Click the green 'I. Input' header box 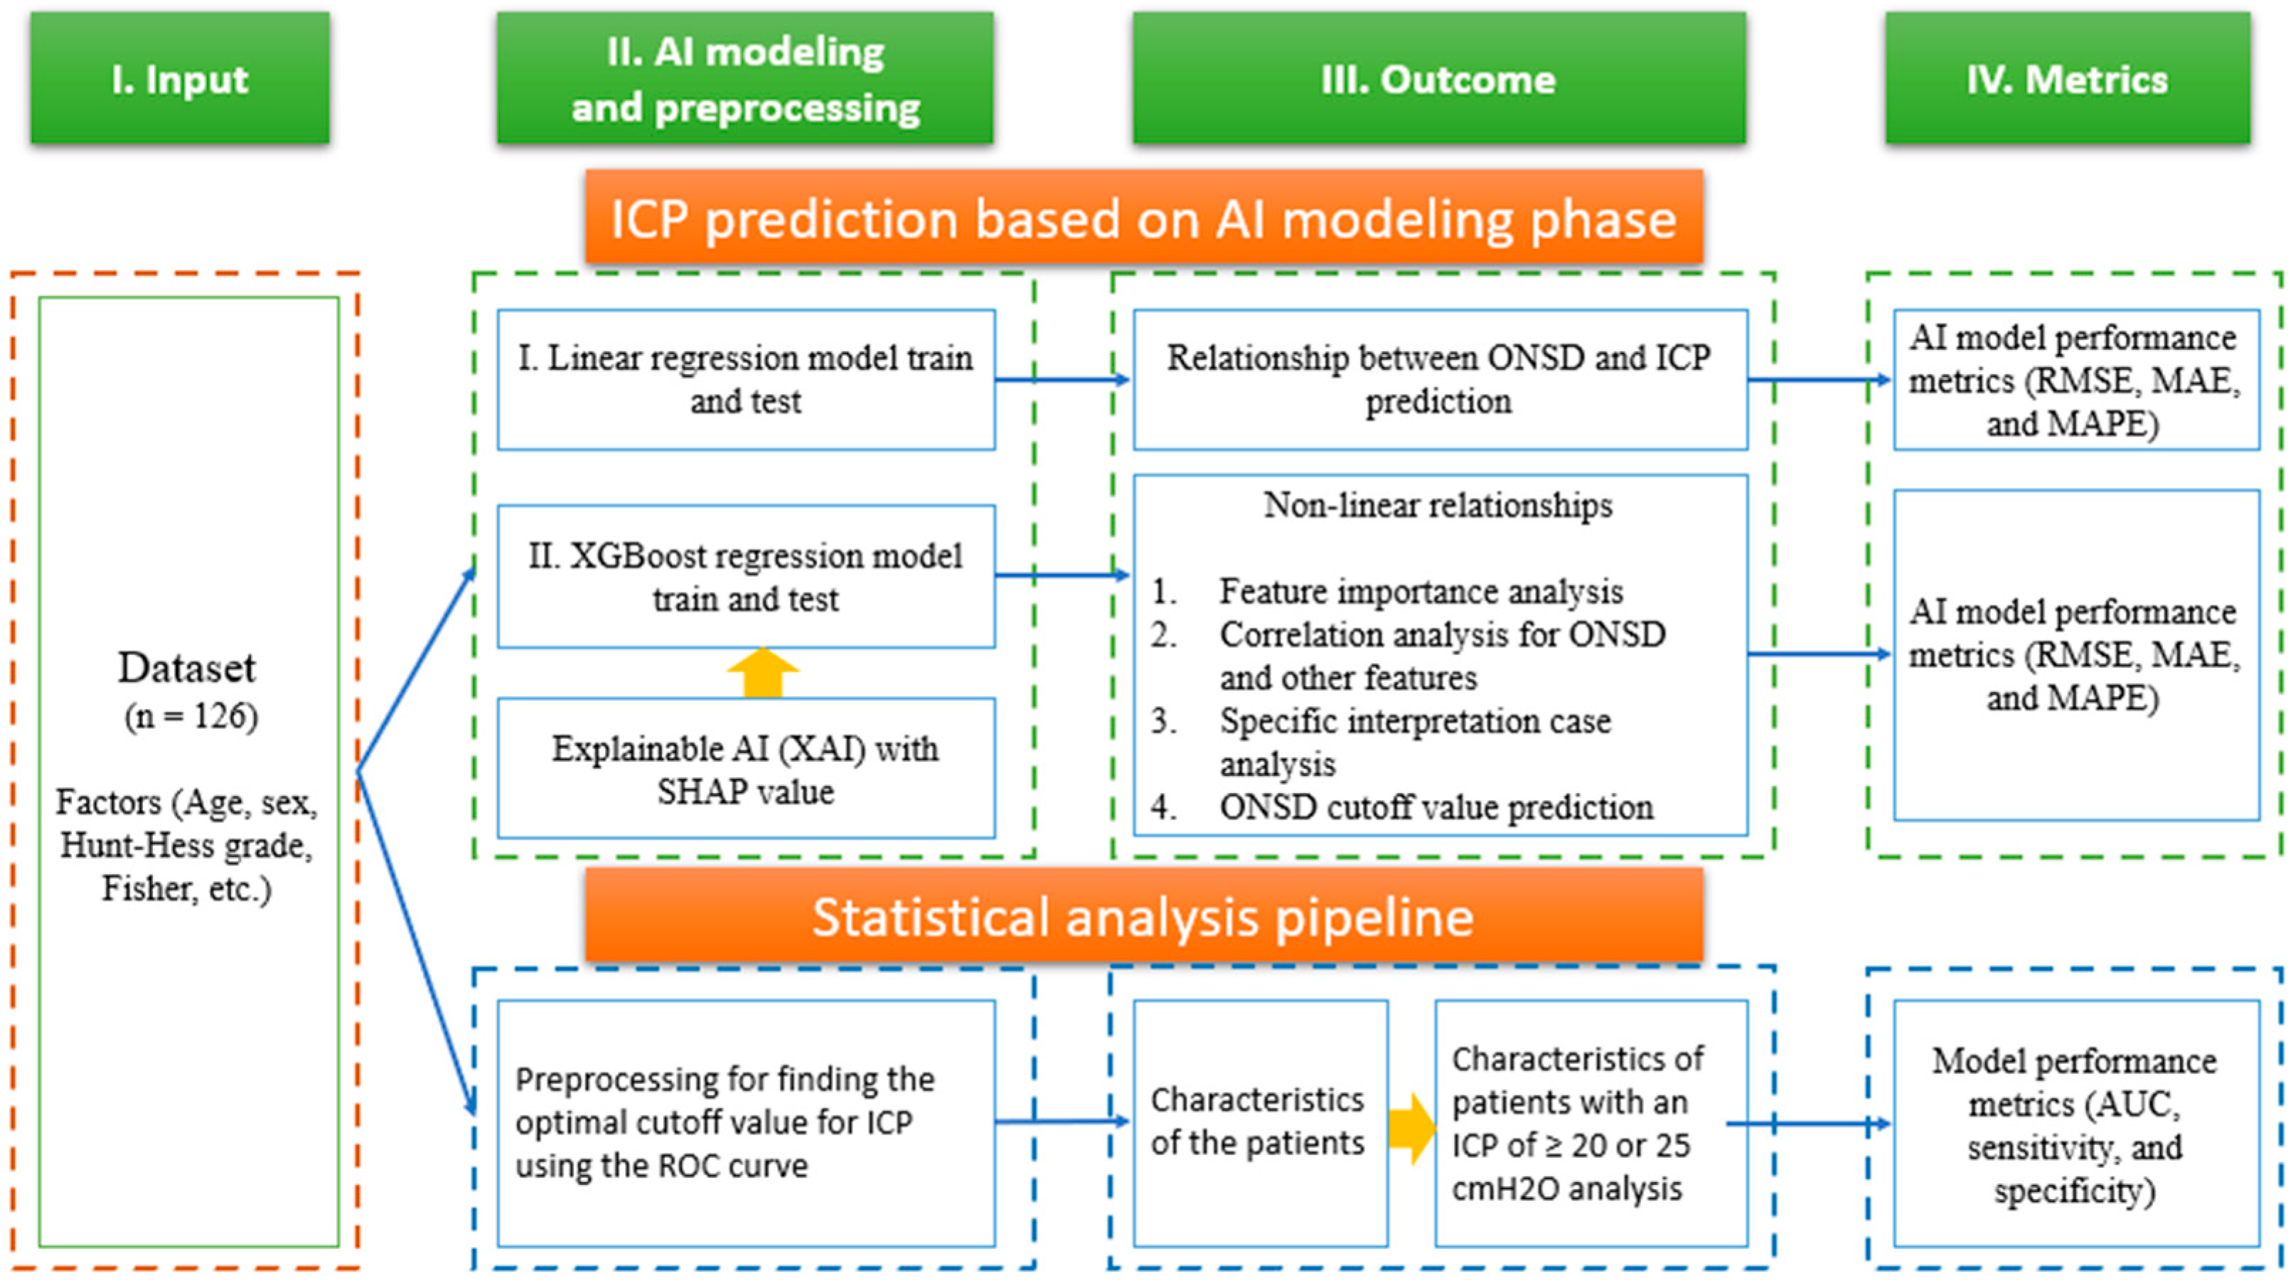click(x=180, y=78)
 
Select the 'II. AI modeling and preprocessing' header click(x=745, y=78)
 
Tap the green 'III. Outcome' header click(x=1438, y=78)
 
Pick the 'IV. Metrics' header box click(x=2067, y=78)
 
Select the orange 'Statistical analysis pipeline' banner click(x=1144, y=917)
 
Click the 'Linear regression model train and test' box click(x=746, y=379)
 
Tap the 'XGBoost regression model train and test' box click(x=746, y=577)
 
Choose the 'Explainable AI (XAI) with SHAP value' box click(x=746, y=769)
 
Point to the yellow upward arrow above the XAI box click(x=763, y=674)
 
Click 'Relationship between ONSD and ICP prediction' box click(x=1439, y=379)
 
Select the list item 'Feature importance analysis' click(x=1421, y=591)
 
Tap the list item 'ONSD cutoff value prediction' click(x=1436, y=807)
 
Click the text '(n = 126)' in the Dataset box click(x=191, y=717)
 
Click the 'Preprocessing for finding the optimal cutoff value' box click(x=746, y=1122)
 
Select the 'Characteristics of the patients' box click(x=1258, y=1122)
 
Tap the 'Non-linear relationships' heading click(x=1438, y=506)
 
